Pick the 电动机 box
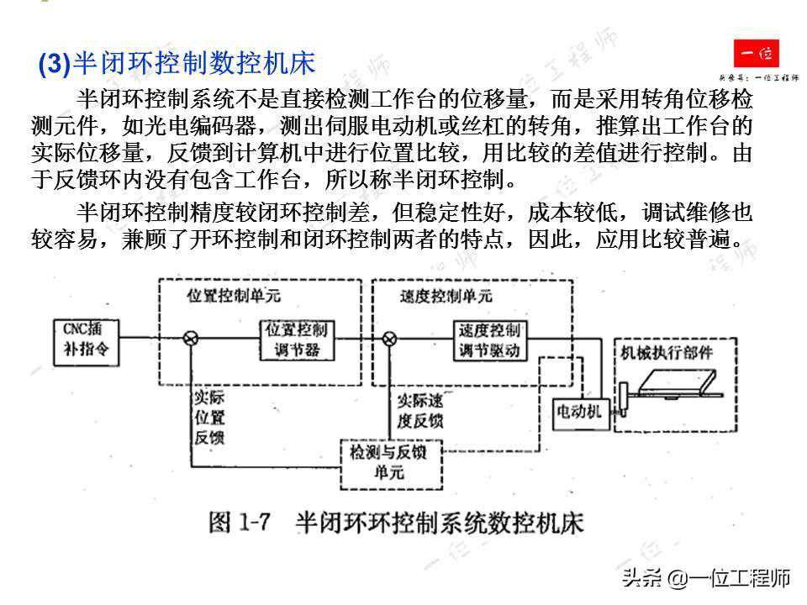coord(579,410)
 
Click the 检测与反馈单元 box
coord(388,462)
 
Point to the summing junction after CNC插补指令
coord(191,339)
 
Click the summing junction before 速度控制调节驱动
coord(389,339)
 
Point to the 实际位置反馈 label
coord(209,417)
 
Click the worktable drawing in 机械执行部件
coord(677,383)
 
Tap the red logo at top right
coord(756,55)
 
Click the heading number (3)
coord(55,65)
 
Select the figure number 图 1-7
coord(239,523)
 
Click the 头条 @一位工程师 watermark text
coord(706,578)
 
